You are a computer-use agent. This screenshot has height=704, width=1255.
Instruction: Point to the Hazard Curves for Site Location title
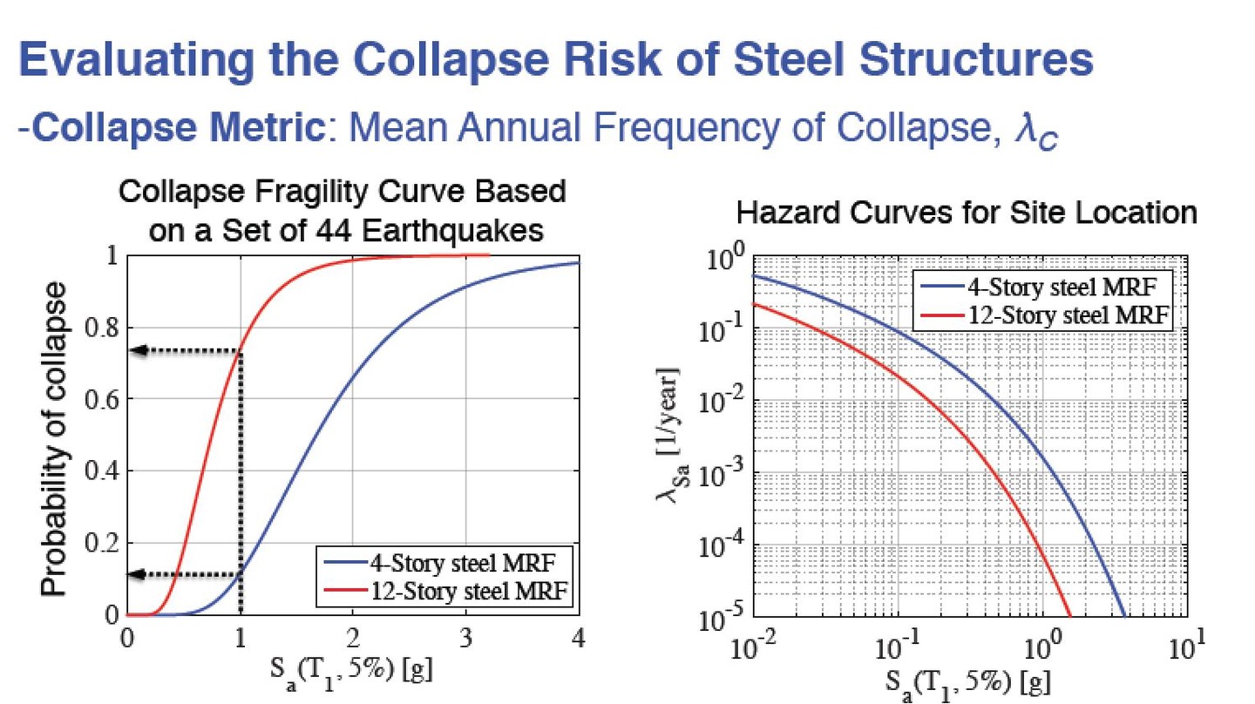click(966, 213)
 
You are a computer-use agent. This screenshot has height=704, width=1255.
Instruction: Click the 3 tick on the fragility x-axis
click(465, 637)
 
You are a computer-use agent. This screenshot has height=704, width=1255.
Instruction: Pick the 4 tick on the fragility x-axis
click(579, 637)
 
